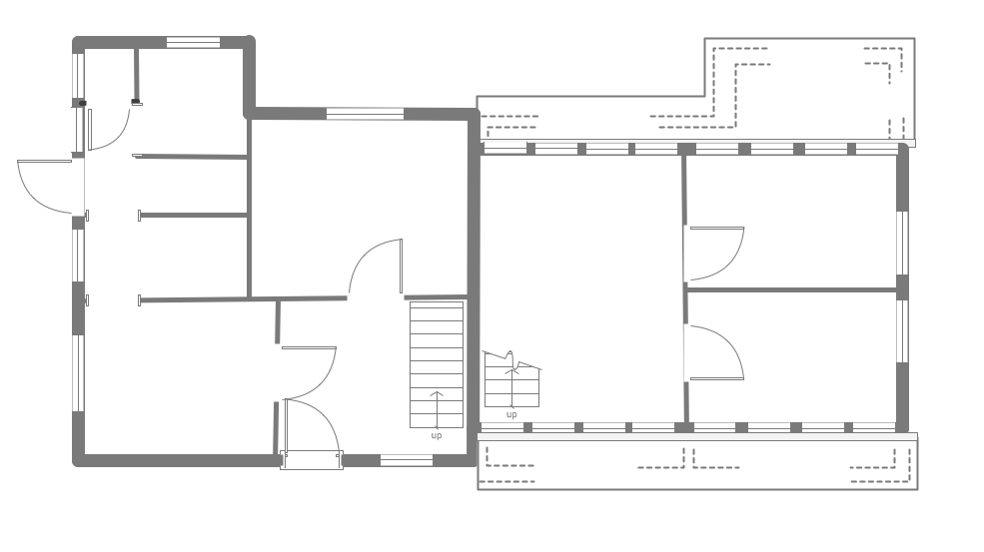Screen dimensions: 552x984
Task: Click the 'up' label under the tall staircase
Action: [x=437, y=435]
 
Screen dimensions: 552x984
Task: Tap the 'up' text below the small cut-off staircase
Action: [x=511, y=414]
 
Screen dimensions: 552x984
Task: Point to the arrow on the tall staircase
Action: [x=437, y=409]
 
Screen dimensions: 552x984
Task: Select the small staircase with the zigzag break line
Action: [x=511, y=381]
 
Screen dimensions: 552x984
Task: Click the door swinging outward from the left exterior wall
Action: [x=46, y=186]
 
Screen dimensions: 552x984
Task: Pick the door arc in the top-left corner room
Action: [x=109, y=128]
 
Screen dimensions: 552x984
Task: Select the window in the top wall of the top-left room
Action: [x=193, y=43]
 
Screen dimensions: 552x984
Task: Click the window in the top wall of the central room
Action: [x=365, y=114]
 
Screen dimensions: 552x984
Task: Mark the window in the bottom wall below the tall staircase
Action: [x=407, y=460]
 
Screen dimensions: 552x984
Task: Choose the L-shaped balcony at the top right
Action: [x=809, y=90]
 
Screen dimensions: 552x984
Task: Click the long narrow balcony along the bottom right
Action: [x=697, y=462]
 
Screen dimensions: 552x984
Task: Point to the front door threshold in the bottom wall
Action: [x=312, y=460]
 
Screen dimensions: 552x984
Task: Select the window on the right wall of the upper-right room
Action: [x=902, y=242]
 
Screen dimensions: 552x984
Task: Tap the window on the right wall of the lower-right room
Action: [x=902, y=330]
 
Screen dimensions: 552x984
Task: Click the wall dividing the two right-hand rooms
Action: [x=791, y=289]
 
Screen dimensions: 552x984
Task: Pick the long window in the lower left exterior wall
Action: [x=78, y=372]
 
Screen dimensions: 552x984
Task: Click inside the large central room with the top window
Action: [x=360, y=200]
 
